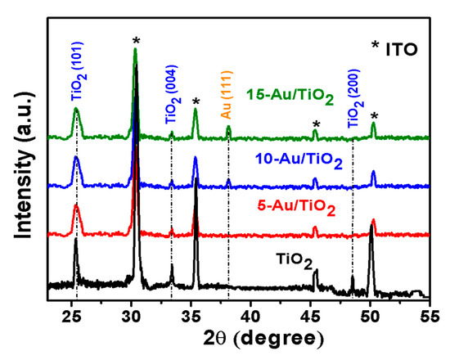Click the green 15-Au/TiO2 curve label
point(291,99)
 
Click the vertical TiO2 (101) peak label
point(76,71)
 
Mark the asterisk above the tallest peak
point(136,41)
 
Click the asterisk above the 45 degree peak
point(315,124)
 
